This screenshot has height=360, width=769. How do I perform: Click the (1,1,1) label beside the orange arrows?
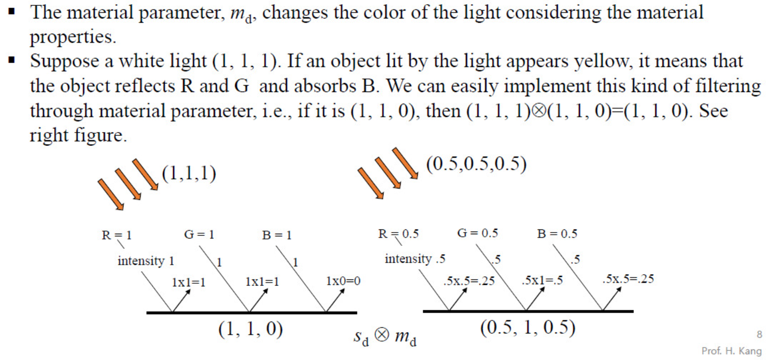[x=188, y=174]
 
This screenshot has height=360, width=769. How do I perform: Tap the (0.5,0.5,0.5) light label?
[x=476, y=164]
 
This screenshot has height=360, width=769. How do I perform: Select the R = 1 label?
[x=116, y=235]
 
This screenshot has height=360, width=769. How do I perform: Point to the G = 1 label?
[x=199, y=234]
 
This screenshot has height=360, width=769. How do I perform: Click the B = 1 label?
[x=276, y=235]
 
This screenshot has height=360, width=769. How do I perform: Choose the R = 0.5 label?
[x=398, y=234]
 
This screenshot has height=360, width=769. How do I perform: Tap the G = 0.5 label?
[x=477, y=233]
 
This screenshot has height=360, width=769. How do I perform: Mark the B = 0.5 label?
[x=557, y=234]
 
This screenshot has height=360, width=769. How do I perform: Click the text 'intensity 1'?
[x=146, y=261]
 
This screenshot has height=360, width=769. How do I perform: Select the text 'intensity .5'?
[x=415, y=258]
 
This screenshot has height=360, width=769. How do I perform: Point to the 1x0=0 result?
[x=343, y=282]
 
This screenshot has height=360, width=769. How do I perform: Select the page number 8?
[x=758, y=334]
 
